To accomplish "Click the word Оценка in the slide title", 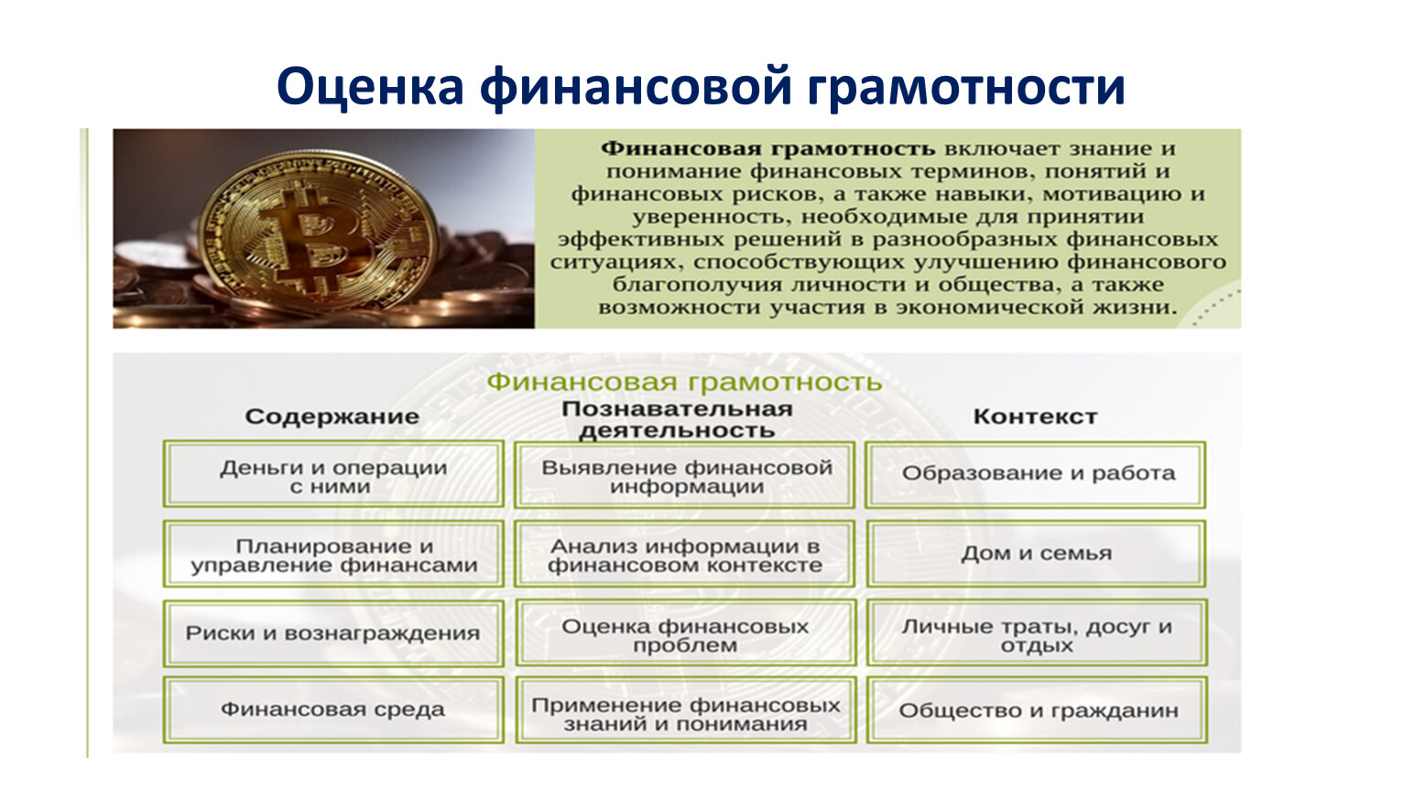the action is coord(370,86).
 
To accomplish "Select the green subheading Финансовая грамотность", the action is coord(684,382).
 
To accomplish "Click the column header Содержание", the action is coord(332,417).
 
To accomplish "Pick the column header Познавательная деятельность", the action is coord(677,419).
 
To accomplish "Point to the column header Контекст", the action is coord(1036,417).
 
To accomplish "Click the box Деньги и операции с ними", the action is coord(333,474).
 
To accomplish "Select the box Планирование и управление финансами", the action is coord(333,554).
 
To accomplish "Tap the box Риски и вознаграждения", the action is coord(333,634).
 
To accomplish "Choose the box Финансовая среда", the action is coord(333,710).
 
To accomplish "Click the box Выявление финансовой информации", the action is coord(685,475).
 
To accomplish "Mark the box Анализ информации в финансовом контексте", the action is coord(685,554).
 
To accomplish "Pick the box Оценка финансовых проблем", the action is coord(686,634).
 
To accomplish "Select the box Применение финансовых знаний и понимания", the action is coord(686,710).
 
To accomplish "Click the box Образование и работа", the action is coord(1036,475).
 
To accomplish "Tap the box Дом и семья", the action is coord(1037,554).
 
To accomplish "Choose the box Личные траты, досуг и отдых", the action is coord(1038,634).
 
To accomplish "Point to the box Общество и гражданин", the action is coord(1038,710).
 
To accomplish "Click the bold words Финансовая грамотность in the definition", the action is coord(767,148).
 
